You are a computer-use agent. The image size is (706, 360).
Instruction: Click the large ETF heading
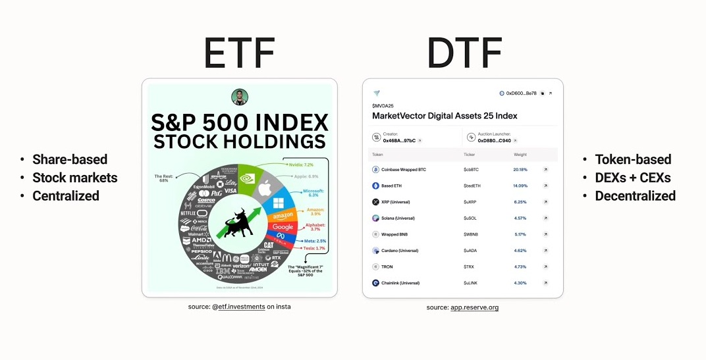(x=239, y=53)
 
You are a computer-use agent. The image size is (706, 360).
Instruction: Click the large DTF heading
(x=464, y=53)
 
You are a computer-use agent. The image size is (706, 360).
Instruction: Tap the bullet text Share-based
(x=70, y=159)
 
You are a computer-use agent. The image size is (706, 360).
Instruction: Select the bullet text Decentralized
(x=635, y=195)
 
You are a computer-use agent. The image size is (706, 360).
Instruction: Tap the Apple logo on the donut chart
(x=265, y=190)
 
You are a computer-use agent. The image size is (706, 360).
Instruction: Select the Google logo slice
(x=283, y=226)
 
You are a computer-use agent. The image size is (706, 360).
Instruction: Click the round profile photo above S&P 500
(x=240, y=97)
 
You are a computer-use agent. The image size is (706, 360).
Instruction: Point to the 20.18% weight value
(x=520, y=169)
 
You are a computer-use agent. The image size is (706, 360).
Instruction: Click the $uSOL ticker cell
(x=471, y=218)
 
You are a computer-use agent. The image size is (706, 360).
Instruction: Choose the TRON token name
(x=389, y=267)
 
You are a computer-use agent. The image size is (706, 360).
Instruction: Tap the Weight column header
(x=520, y=155)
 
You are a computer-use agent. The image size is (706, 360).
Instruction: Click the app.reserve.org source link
(x=474, y=307)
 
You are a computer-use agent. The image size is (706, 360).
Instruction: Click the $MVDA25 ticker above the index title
(x=383, y=105)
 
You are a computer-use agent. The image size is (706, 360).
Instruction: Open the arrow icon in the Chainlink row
(x=545, y=283)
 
